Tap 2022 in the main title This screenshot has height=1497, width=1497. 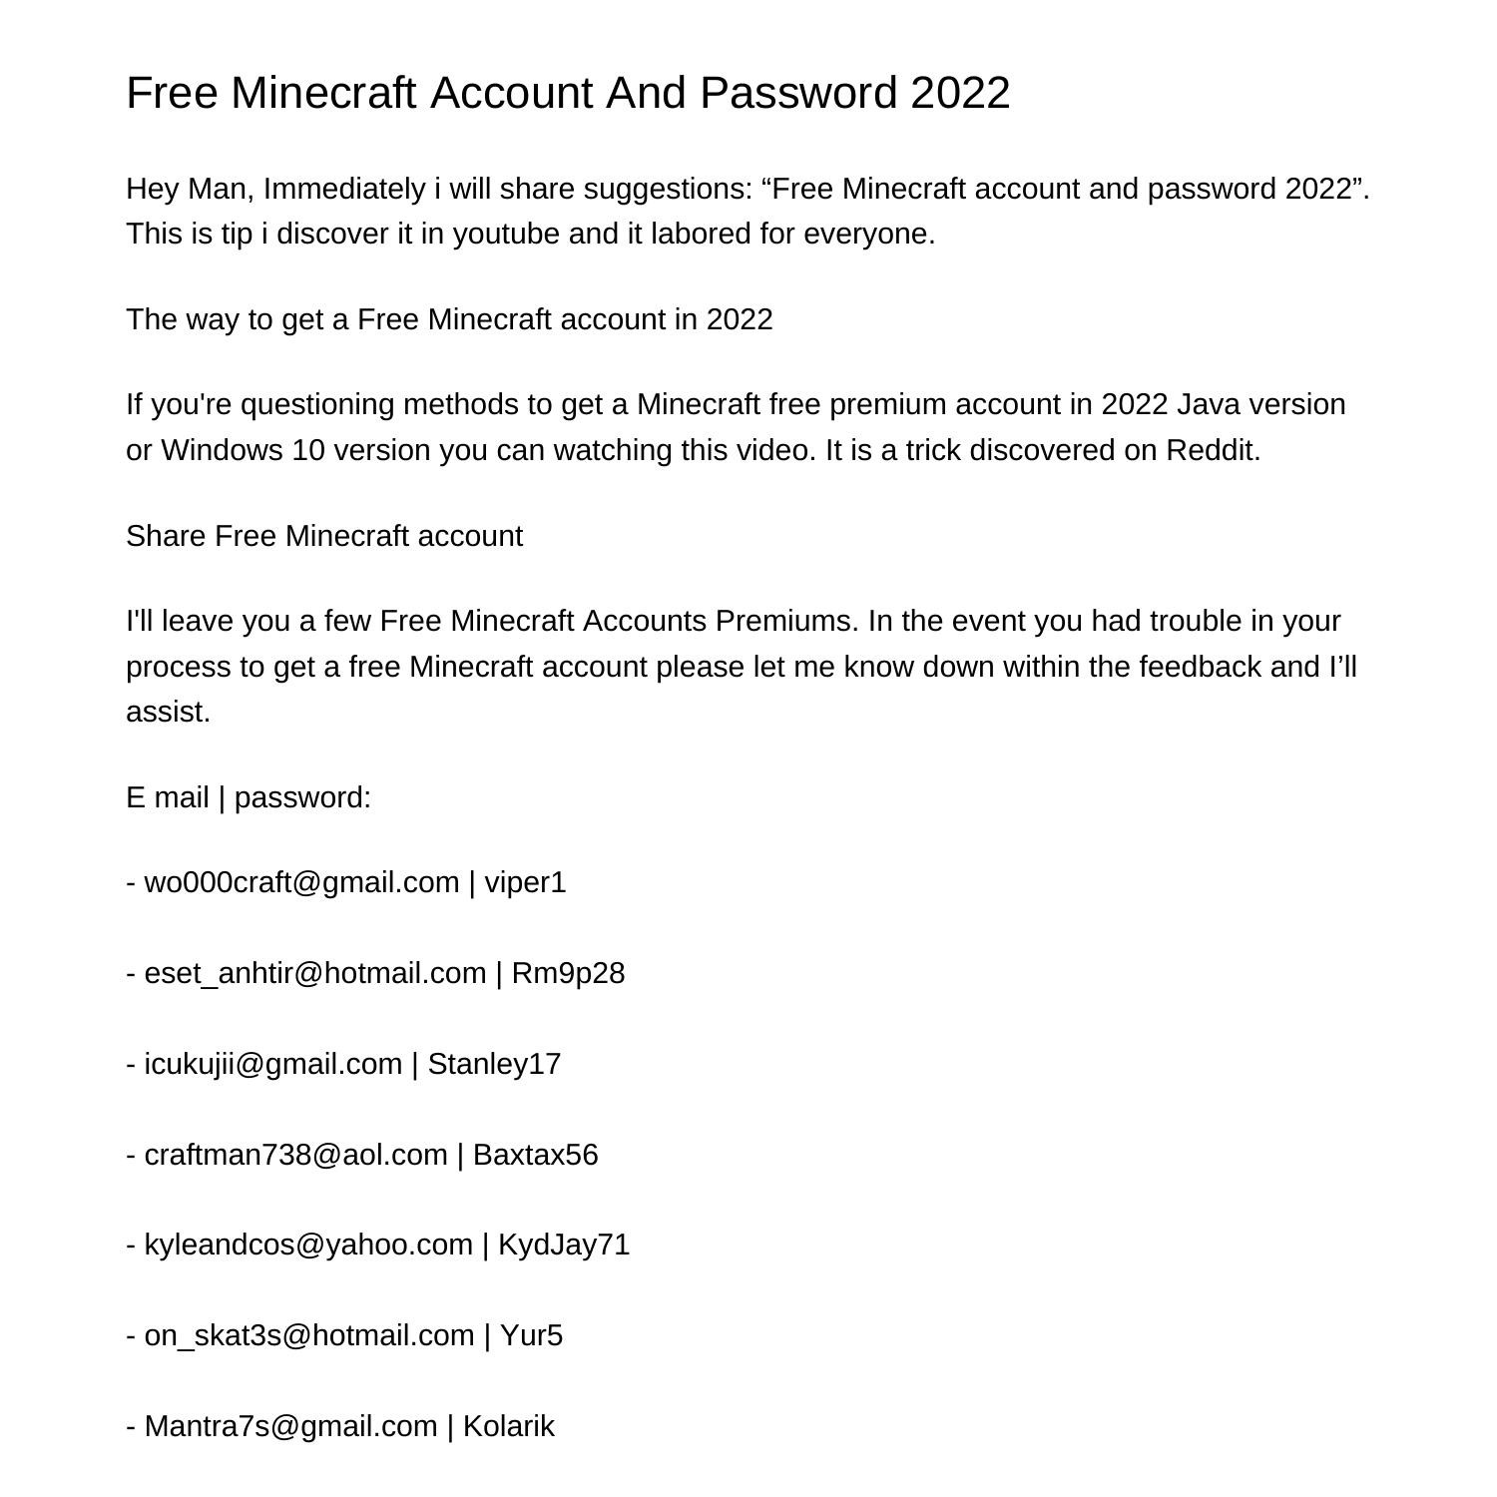click(960, 93)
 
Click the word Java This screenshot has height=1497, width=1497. click(1209, 404)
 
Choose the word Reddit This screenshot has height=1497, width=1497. click(1213, 450)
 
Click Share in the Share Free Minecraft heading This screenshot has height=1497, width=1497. click(166, 536)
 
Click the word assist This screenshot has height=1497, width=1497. click(168, 712)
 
